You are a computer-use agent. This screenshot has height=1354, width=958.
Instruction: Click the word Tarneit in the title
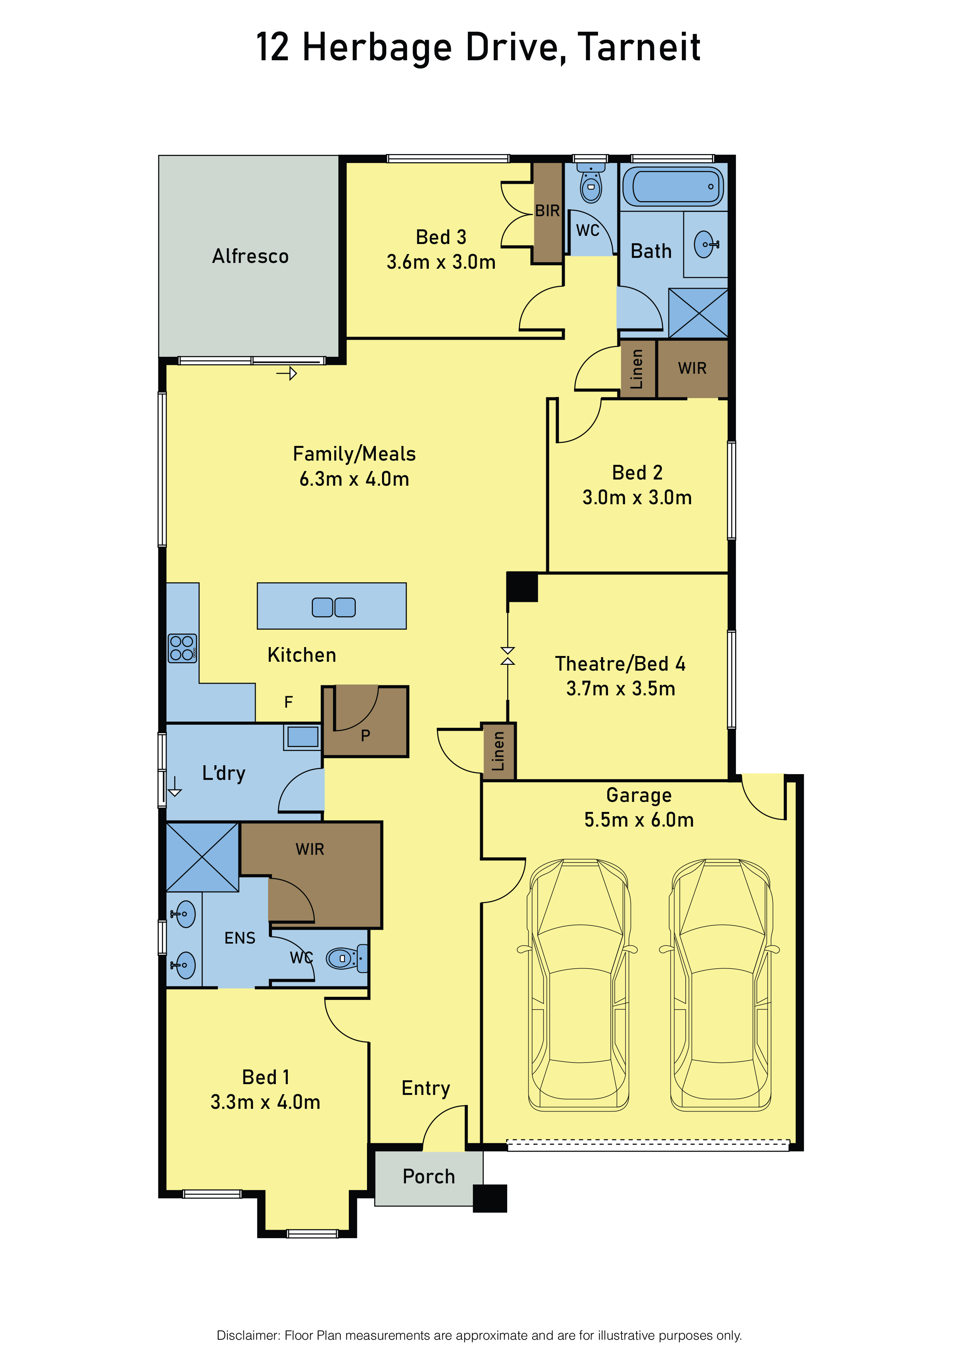(x=639, y=47)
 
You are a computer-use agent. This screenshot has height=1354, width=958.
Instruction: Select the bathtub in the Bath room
(x=673, y=186)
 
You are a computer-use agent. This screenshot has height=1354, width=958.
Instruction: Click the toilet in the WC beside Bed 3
(x=591, y=184)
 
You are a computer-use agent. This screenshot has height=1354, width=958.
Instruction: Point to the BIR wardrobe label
(x=547, y=210)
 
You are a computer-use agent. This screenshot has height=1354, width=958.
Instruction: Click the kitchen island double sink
(x=333, y=607)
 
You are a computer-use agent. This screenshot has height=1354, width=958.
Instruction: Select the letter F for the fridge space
(x=289, y=702)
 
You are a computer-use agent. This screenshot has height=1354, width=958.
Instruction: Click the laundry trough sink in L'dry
(x=302, y=737)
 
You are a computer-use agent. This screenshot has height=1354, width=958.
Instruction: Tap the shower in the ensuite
(x=202, y=857)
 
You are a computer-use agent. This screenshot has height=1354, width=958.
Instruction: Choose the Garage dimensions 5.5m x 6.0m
(x=639, y=819)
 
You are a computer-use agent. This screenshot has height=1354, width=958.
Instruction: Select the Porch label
(x=429, y=1176)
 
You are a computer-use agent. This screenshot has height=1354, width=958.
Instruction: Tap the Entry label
(x=426, y=1088)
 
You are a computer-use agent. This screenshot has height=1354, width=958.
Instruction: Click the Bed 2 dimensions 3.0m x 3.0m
(x=637, y=497)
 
